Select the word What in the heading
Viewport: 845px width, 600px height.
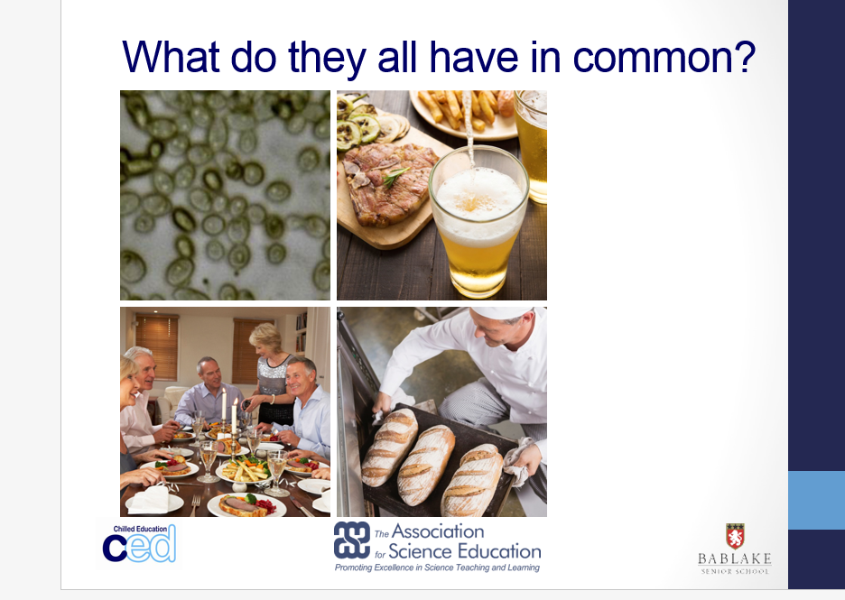[171, 56]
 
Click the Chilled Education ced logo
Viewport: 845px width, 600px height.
[139, 543]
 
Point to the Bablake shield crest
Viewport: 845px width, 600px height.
[735, 536]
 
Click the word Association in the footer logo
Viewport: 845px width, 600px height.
[438, 531]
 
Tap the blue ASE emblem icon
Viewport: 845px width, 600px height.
[352, 540]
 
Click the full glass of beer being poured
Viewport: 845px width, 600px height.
[478, 221]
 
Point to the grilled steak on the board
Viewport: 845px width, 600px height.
[389, 182]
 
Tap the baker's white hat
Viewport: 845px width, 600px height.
[501, 312]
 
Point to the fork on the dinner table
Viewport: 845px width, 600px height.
[195, 506]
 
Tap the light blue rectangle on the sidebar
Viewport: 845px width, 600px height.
[816, 500]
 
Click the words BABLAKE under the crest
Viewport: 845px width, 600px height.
[735, 558]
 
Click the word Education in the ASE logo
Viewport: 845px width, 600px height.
[498, 551]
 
